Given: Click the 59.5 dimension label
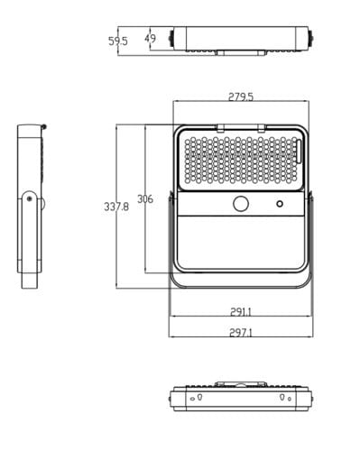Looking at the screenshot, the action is pos(118,41).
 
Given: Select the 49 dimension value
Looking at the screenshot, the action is pos(150,39).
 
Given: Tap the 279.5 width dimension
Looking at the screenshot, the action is pos(241,97).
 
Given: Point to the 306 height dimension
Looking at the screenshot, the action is pos(145,199).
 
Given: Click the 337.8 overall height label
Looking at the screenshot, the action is pos(116,207).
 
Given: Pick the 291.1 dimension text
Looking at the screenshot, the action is pos(241,312).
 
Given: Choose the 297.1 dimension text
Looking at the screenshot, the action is pos(241,333).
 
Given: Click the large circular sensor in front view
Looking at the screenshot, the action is pos(241,204).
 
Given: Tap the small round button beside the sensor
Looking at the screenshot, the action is pos(280,204).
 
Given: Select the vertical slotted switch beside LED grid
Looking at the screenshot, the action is pos(299,152).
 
